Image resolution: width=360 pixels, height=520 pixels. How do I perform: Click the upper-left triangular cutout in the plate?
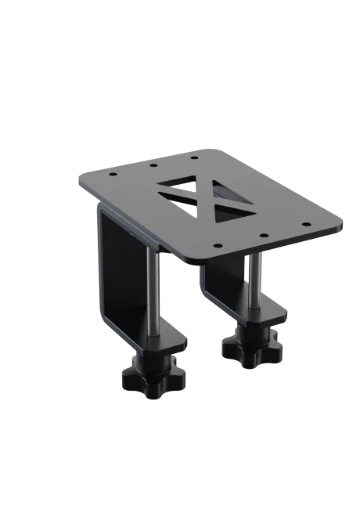pyautogui.click(x=178, y=185)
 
